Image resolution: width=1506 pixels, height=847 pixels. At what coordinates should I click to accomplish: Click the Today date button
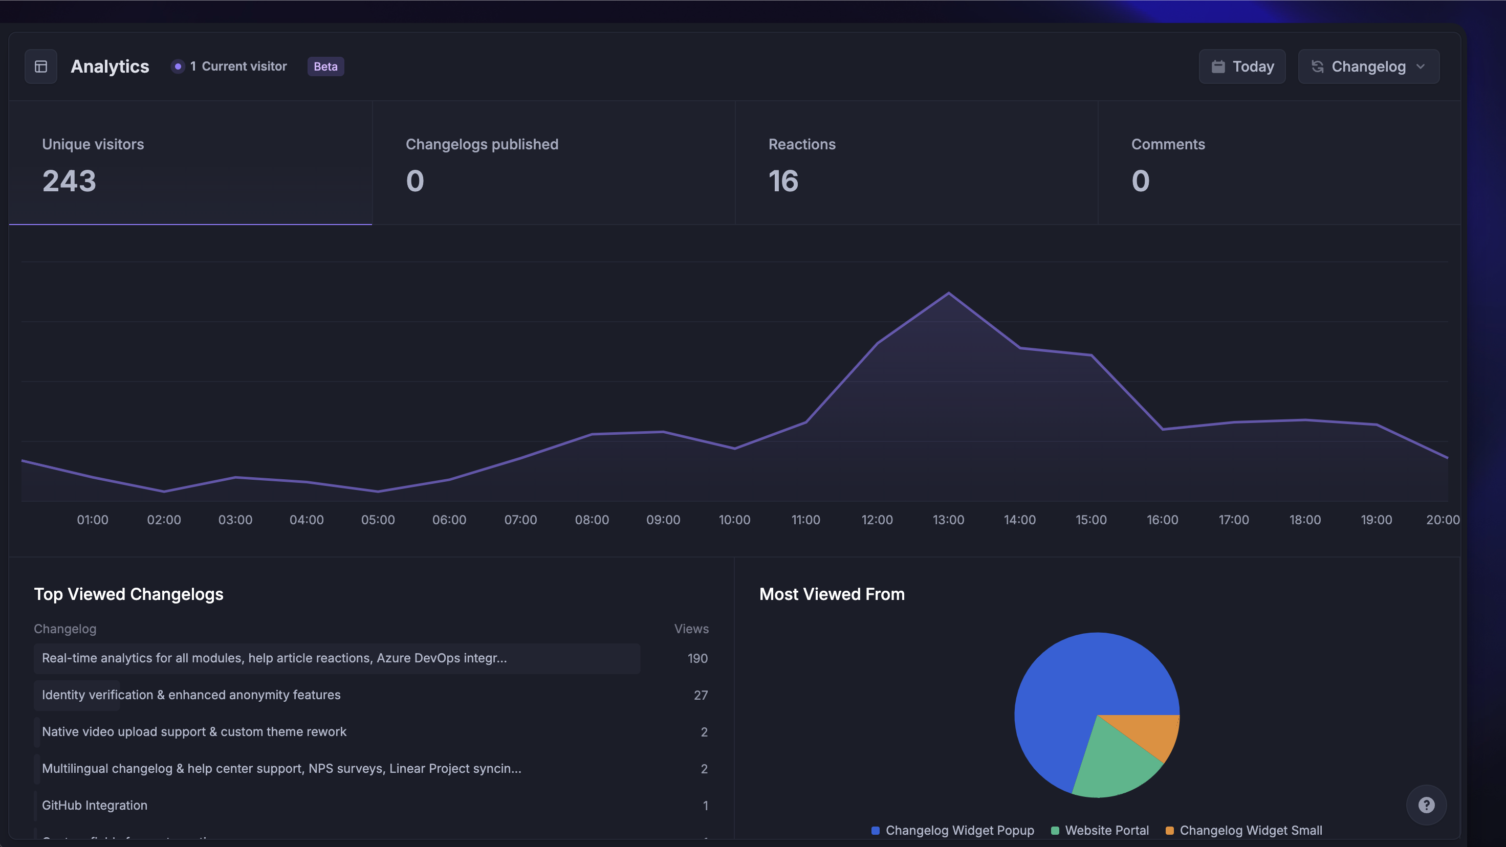click(x=1242, y=66)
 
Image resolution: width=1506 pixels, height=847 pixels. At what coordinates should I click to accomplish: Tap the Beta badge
click(x=325, y=66)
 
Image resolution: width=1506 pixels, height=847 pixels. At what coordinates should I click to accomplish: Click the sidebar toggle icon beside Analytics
click(x=41, y=66)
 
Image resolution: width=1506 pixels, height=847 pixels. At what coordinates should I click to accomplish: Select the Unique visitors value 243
click(x=69, y=181)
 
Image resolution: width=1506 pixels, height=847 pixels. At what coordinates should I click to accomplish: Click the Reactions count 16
click(x=783, y=181)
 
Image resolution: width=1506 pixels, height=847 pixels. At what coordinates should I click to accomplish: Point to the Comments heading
click(x=1168, y=144)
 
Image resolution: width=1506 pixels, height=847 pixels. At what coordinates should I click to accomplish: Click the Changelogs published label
click(x=482, y=144)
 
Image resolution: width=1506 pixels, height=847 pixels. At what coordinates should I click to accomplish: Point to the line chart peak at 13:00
click(x=948, y=293)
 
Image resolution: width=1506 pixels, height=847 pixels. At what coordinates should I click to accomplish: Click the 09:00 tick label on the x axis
click(x=663, y=520)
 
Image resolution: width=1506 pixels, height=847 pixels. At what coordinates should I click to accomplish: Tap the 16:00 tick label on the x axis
click(x=1162, y=520)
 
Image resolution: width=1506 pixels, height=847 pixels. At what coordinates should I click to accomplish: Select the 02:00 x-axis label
click(x=164, y=520)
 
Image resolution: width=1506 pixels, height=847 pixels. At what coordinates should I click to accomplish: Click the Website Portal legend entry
click(x=1106, y=830)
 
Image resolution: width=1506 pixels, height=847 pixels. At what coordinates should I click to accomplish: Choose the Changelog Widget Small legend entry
click(x=1250, y=830)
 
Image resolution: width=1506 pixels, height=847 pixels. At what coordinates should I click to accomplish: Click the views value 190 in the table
click(x=697, y=659)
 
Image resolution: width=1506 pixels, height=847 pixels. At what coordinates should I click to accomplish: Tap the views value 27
click(x=701, y=696)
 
